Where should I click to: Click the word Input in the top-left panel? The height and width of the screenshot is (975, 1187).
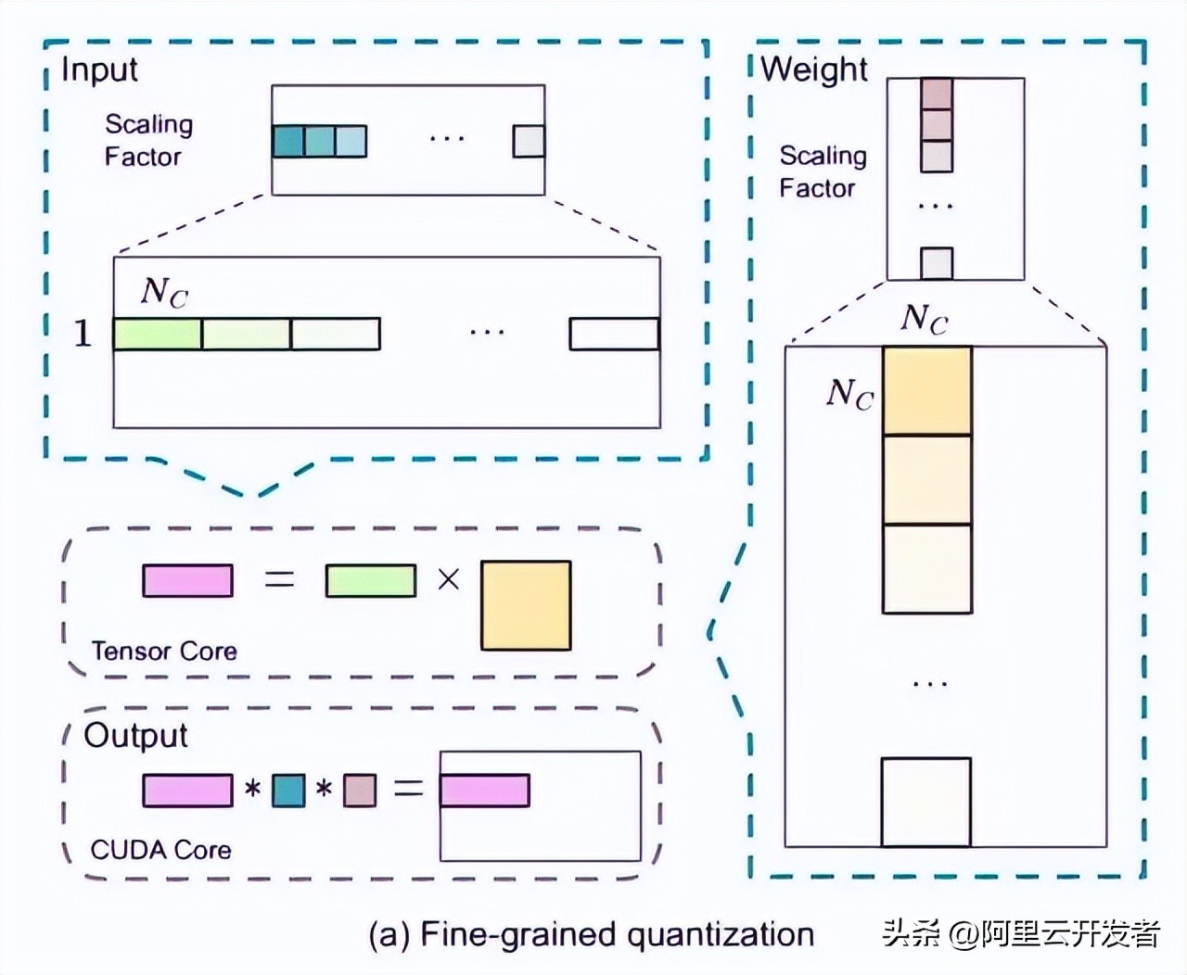tap(99, 70)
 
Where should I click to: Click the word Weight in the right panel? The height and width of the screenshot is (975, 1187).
tap(814, 70)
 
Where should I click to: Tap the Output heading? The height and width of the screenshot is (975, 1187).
tap(135, 735)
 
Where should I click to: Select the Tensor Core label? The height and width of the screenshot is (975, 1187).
tap(164, 652)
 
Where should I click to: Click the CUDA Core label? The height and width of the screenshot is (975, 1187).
tap(160, 850)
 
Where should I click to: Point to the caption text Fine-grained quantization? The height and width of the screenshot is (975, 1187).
tap(617, 934)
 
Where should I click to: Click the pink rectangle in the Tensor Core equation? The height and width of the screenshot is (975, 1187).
tap(187, 580)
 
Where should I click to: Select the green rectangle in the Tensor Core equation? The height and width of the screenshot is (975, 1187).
tap(371, 580)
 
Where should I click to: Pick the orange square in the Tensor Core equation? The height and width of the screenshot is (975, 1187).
tap(526, 605)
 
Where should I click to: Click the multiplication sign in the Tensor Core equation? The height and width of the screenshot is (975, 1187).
tap(448, 580)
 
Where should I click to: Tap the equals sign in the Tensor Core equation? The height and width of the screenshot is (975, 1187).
tap(279, 580)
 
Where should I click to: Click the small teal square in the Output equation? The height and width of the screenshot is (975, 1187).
tap(288, 791)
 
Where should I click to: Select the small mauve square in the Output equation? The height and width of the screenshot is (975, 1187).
tap(360, 791)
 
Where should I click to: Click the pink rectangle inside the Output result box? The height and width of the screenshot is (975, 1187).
tap(484, 791)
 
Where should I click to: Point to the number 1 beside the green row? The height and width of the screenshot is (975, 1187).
tap(83, 334)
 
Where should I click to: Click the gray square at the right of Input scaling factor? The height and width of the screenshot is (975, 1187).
tap(529, 141)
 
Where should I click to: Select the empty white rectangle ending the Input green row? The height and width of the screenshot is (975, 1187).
tap(614, 335)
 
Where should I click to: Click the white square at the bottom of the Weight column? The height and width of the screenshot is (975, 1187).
tap(925, 802)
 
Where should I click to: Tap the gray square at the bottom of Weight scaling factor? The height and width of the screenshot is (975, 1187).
tap(937, 263)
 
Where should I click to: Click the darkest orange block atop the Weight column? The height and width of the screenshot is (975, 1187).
tap(926, 391)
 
